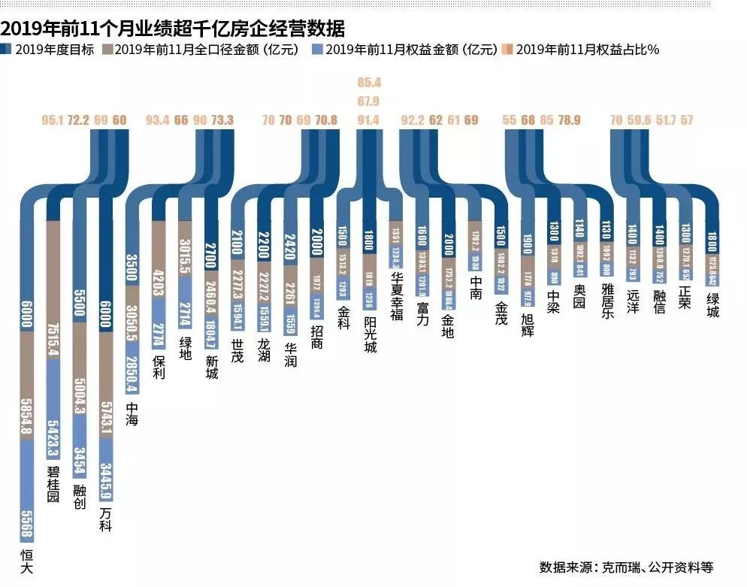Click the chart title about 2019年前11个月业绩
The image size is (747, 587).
pos(173,29)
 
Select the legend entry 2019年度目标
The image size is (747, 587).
pos(53,50)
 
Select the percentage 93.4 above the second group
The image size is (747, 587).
pos(158,120)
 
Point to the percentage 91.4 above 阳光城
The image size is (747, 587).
pos(369,120)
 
